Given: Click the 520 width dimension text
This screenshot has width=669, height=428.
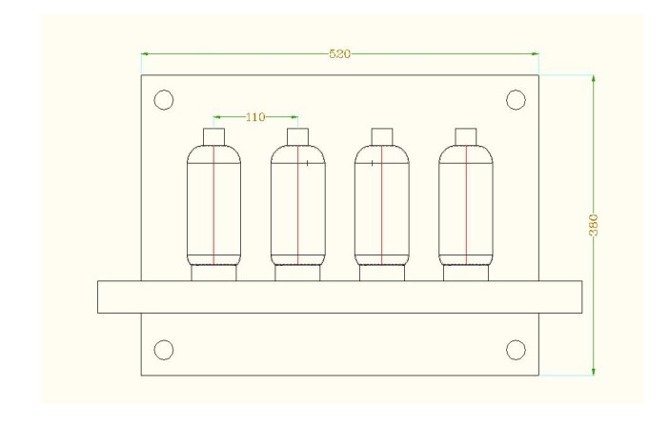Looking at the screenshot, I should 339,54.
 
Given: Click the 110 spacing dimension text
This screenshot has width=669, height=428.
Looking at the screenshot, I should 255,117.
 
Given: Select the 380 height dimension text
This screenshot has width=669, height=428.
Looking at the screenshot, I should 593,225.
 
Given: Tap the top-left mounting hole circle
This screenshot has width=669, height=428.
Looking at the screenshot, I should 163,99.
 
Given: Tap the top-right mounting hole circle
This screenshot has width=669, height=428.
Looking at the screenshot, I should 516,99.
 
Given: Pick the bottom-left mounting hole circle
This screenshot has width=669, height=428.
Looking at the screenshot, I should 163,349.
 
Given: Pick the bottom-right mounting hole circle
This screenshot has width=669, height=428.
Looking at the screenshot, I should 516,349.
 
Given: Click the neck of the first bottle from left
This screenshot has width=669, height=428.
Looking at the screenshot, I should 213,134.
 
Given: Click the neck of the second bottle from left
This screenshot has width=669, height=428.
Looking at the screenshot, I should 297,134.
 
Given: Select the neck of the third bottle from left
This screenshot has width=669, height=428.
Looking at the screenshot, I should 381,134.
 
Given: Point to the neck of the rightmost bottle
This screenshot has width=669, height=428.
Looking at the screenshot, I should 465,134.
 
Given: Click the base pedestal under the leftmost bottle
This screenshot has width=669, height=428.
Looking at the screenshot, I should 213,274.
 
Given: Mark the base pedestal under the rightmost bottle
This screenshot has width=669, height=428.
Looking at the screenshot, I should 465,274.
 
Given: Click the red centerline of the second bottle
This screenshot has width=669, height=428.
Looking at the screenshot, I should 297,210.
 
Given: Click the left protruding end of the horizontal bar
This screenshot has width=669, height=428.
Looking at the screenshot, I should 118,296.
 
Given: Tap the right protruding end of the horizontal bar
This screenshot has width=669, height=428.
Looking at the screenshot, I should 560,296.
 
